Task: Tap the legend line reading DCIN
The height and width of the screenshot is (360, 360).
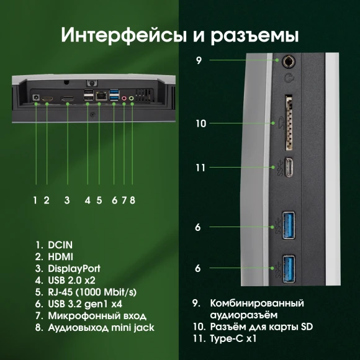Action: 55,245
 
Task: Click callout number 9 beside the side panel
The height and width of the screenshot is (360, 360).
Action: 199,61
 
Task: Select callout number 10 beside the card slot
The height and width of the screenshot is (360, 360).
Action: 200,124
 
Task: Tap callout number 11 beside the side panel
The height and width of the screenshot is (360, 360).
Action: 200,168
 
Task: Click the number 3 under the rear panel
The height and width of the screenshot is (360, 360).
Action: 66,200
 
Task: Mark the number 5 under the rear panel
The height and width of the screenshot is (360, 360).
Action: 99,200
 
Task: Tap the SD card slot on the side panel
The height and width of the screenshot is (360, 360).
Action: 288,123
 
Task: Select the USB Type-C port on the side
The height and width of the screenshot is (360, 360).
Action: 289,168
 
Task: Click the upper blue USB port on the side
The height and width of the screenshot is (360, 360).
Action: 289,227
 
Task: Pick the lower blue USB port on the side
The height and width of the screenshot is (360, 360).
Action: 289,268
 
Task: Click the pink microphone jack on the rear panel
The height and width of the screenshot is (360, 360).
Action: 124,98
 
